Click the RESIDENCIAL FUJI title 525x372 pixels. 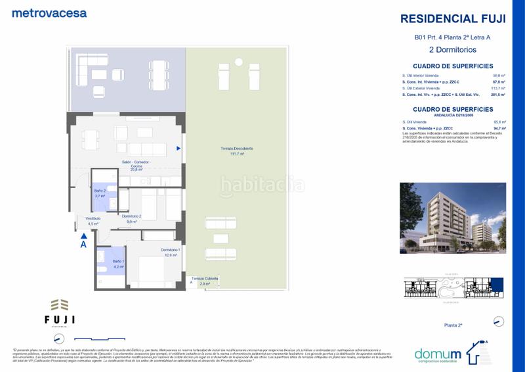point(453,19)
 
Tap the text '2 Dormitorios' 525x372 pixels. point(453,49)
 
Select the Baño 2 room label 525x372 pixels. point(100,193)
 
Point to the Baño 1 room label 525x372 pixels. point(100,265)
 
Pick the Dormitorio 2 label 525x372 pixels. point(131,219)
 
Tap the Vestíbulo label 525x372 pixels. point(93,221)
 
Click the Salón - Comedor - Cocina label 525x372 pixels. point(136,165)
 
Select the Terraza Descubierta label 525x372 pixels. point(237,151)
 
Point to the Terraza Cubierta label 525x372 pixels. point(205,281)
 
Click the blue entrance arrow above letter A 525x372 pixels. point(83,234)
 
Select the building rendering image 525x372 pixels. point(453,218)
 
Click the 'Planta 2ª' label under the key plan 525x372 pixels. point(453,325)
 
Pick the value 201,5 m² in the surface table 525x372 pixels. point(499,95)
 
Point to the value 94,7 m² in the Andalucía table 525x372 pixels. point(499,128)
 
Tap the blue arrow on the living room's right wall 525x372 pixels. point(178,149)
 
